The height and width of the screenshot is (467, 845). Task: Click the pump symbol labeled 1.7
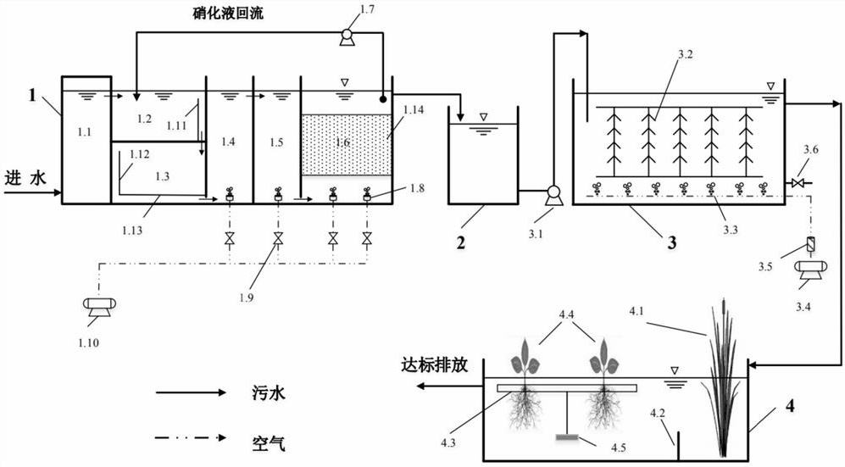(x=345, y=36)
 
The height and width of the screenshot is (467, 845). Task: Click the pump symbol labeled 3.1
(x=553, y=192)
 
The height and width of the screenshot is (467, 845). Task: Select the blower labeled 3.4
(x=809, y=269)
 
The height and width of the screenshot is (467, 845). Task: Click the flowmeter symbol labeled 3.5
(x=810, y=245)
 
